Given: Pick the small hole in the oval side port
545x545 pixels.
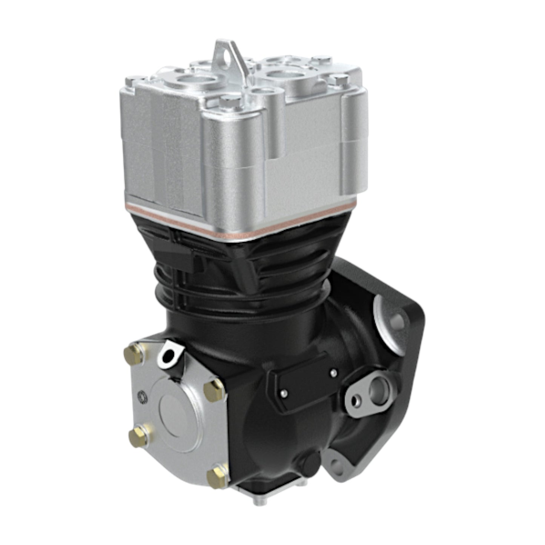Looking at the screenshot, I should [356, 401].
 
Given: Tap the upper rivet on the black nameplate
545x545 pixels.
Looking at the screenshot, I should [333, 373].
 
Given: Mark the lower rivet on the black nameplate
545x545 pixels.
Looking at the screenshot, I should [284, 393].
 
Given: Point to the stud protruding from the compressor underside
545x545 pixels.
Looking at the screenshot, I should [259, 501].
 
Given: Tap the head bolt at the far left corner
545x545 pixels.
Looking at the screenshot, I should [132, 80].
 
